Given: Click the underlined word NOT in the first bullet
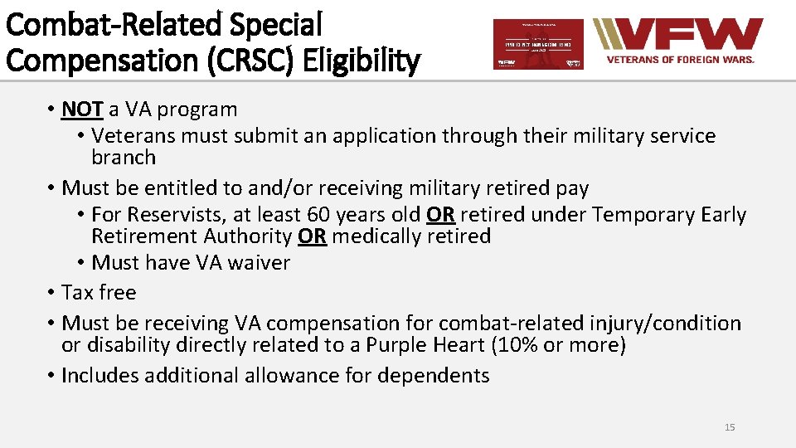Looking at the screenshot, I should click(82, 110).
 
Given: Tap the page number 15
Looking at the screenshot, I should click(730, 427).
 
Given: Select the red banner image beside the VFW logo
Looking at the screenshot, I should click(538, 44).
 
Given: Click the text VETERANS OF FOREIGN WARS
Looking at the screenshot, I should click(680, 60).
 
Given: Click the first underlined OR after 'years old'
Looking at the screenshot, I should click(440, 215).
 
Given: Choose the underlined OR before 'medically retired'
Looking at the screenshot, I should click(312, 236).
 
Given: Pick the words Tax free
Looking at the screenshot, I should click(99, 293).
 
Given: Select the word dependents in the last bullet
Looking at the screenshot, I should click(434, 376).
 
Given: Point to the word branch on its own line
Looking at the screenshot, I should click(124, 158).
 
